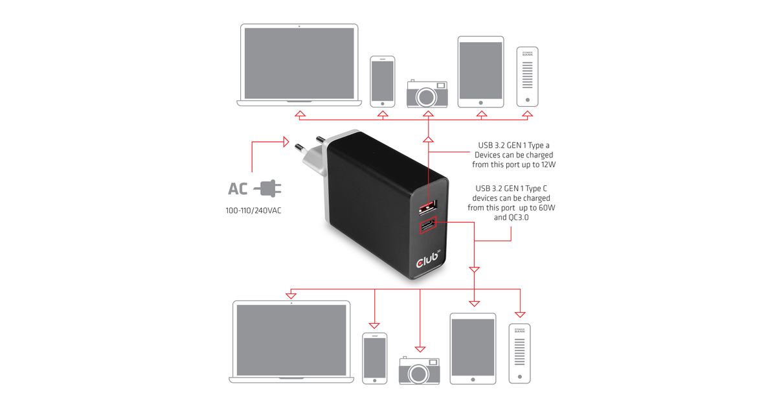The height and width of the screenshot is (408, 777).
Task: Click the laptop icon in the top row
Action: [298, 65]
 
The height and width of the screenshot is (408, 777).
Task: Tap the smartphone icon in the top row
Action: [383, 81]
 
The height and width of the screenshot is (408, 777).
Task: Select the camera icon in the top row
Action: [427, 94]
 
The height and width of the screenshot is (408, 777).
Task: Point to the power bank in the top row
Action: [528, 76]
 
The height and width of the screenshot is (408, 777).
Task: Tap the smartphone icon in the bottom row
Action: [374, 358]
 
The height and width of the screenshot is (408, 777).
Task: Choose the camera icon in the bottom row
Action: [419, 371]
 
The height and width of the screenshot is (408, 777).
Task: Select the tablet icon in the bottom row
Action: [473, 348]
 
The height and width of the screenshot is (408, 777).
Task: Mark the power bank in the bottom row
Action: [519, 353]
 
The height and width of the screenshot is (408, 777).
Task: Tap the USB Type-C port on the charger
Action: [427, 227]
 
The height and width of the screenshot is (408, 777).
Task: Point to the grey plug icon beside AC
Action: [267, 188]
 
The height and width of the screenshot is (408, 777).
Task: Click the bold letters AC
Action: [238, 189]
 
